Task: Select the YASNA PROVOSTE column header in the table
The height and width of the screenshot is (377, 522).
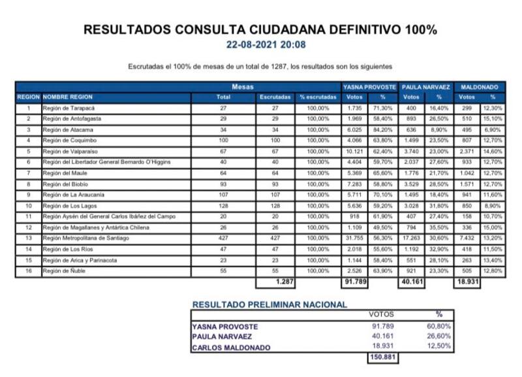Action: click(x=369, y=86)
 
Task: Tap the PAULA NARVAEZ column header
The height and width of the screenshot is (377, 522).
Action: click(x=426, y=86)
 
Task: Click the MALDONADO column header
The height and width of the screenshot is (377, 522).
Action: click(x=480, y=86)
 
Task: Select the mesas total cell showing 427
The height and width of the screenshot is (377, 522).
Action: click(x=223, y=238)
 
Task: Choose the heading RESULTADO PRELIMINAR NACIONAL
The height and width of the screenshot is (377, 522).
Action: click(x=270, y=304)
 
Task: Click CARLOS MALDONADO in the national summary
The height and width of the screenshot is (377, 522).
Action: click(x=231, y=348)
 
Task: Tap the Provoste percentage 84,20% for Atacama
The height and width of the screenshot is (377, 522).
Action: click(x=382, y=129)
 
